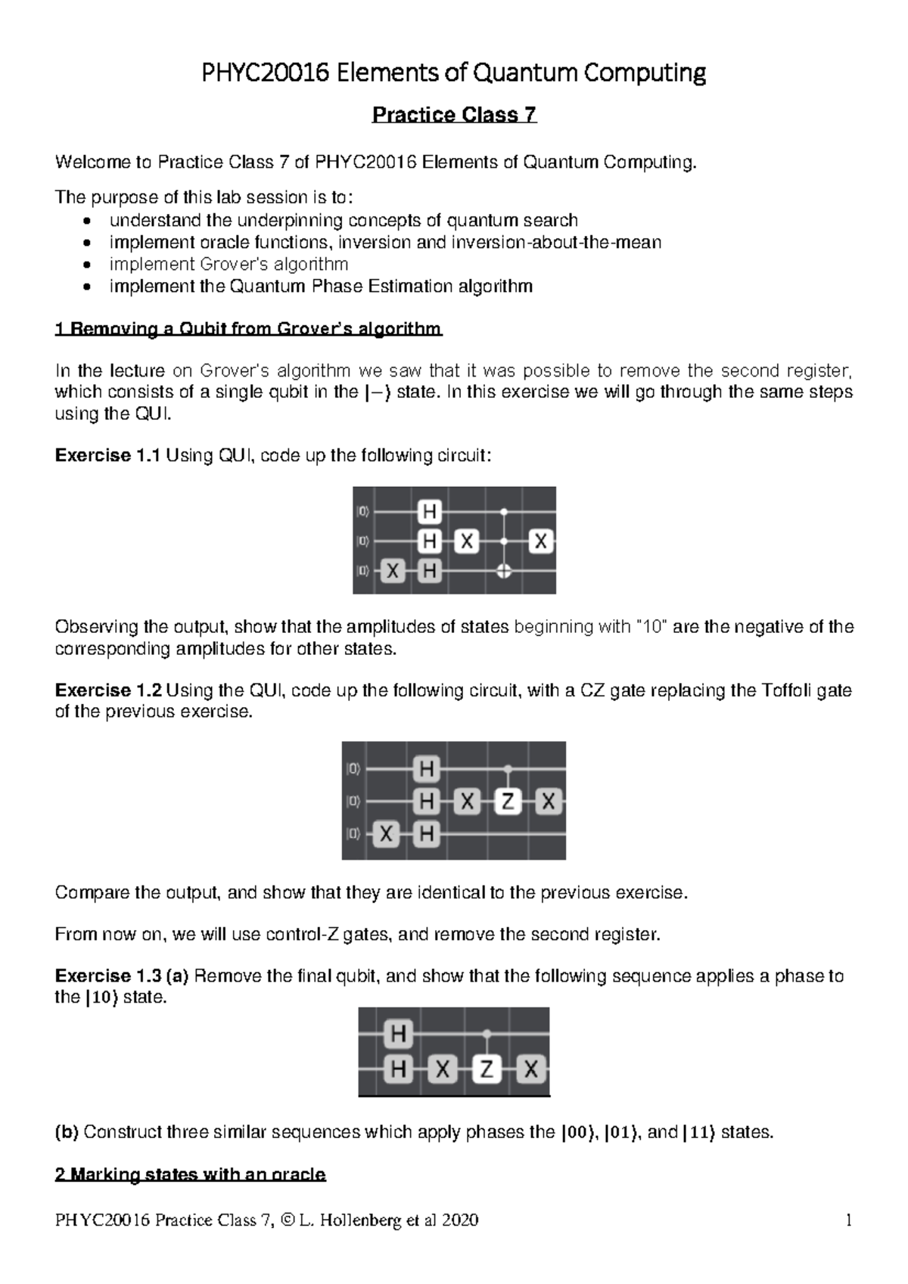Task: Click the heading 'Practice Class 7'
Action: click(454, 115)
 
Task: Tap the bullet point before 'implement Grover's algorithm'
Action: click(89, 265)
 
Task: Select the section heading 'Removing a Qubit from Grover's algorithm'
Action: click(249, 329)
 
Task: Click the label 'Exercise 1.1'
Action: click(108, 456)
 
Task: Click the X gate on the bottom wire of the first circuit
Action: click(391, 572)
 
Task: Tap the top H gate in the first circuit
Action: click(429, 513)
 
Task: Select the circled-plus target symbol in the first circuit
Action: click(504, 572)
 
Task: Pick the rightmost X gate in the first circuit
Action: click(540, 541)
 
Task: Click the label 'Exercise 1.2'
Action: click(108, 690)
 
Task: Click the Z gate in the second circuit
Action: click(508, 802)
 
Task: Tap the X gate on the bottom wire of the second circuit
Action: click(386, 835)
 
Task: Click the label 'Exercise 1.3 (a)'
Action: click(123, 976)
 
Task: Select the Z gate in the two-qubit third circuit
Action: click(487, 1069)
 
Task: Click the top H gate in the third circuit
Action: click(399, 1034)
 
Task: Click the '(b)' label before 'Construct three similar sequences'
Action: click(67, 1132)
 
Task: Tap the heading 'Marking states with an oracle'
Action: click(191, 1174)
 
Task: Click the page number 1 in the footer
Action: click(849, 1220)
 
